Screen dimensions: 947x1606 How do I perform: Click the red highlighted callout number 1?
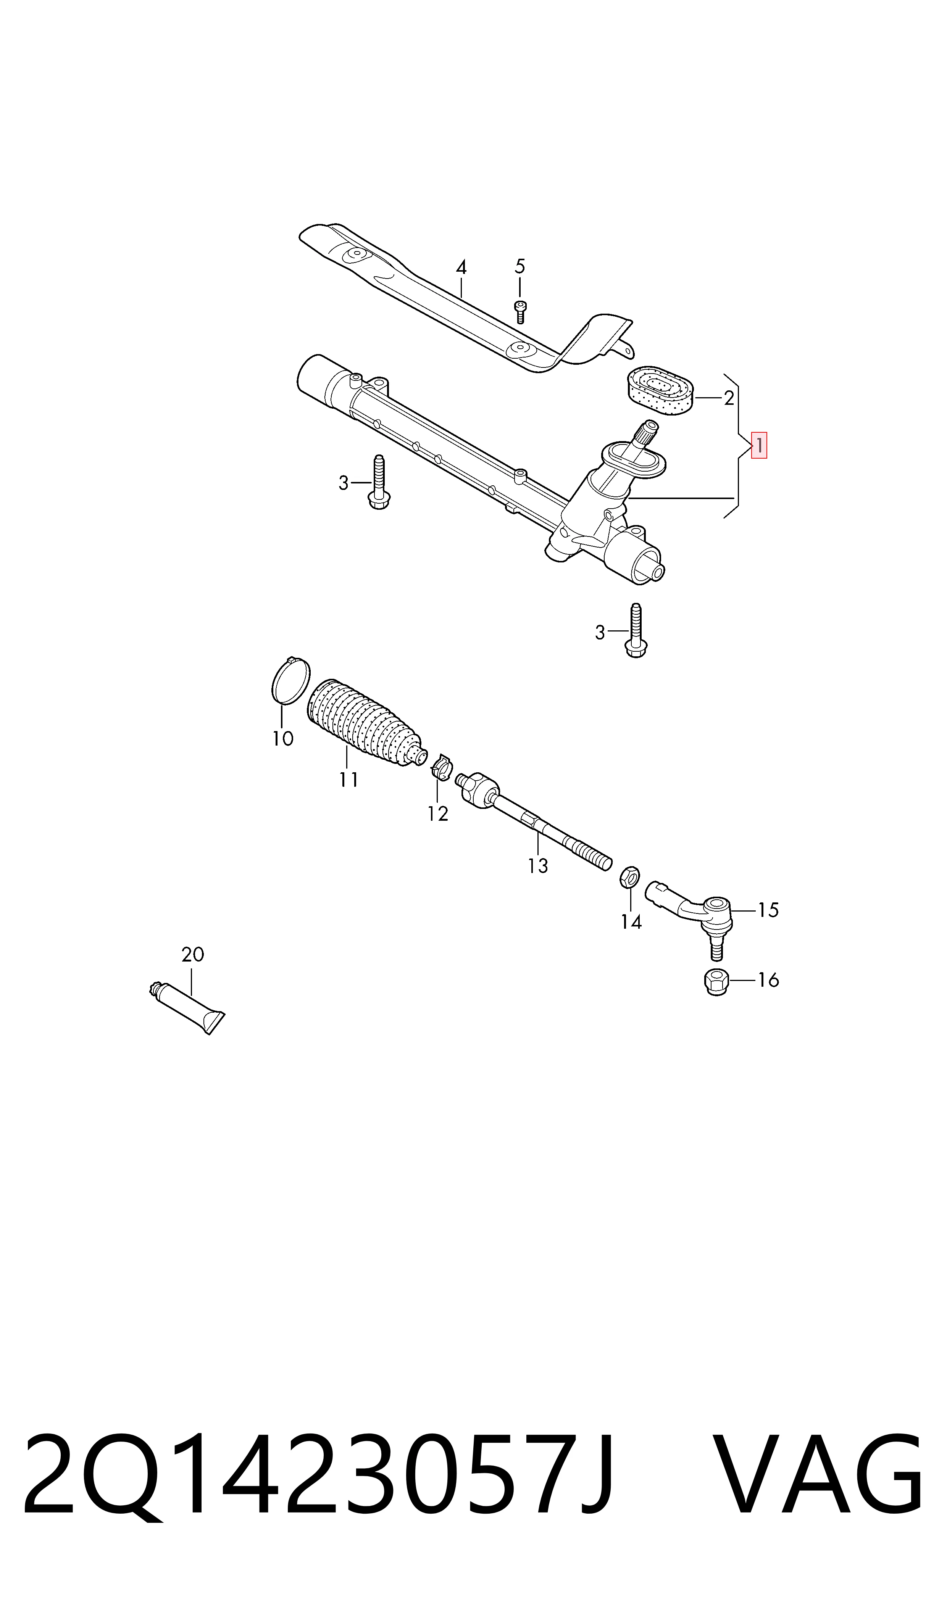(759, 445)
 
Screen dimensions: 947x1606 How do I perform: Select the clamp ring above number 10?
(291, 681)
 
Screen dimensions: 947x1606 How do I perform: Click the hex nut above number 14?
(630, 877)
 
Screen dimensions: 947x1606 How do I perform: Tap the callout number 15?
(768, 910)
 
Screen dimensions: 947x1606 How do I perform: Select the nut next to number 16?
(716, 982)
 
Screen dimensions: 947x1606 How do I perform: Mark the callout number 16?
(768, 980)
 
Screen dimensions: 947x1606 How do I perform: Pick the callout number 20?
(193, 954)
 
